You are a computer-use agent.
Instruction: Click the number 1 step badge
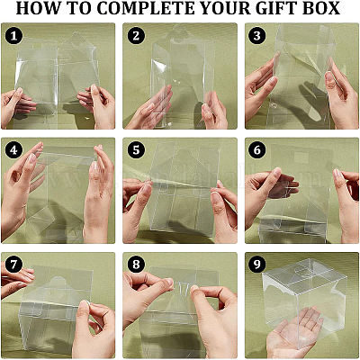(x=13, y=36)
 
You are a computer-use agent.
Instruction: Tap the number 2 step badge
(x=136, y=36)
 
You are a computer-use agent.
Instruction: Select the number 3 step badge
(x=257, y=36)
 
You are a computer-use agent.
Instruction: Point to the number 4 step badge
(x=13, y=150)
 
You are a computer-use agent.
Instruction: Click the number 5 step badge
(x=136, y=150)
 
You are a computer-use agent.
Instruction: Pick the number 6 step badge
(x=257, y=150)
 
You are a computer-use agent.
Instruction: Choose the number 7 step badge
(x=13, y=265)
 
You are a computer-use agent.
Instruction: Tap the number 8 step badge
(x=136, y=265)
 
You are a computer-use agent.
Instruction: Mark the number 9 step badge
(x=257, y=265)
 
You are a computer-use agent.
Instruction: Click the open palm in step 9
(x=294, y=331)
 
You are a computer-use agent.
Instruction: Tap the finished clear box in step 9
(x=304, y=297)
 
